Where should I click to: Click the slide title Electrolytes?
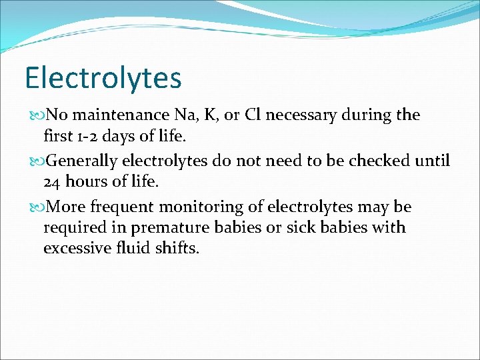103,78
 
